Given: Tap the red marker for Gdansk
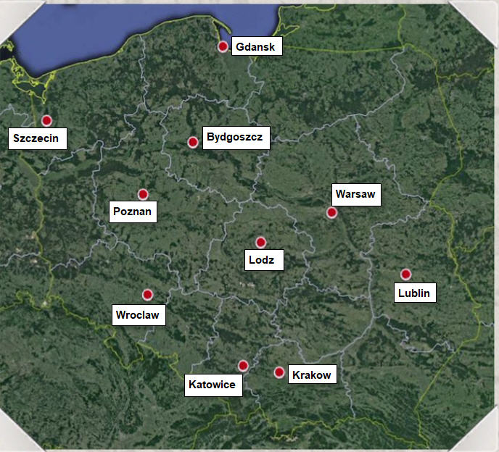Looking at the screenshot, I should click(223, 46).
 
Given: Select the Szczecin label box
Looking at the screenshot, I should click(38, 138).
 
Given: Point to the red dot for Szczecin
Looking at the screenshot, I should click(46, 120).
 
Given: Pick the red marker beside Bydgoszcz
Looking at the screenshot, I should click(193, 142).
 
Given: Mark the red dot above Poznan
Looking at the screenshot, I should click(143, 194).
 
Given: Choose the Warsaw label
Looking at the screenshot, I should click(356, 195).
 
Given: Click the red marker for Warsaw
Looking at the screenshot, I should click(331, 212).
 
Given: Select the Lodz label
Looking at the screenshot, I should click(261, 260).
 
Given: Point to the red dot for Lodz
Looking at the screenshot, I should click(261, 242).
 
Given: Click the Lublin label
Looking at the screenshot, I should click(414, 293).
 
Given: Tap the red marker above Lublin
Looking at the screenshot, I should click(405, 274).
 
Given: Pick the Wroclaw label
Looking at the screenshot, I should click(139, 315).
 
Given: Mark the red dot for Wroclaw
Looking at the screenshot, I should click(148, 295).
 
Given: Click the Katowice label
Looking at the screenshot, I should click(212, 384).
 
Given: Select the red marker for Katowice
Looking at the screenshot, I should click(243, 366).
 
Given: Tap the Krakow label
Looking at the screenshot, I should click(313, 374).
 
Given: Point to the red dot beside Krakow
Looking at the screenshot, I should click(279, 372).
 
